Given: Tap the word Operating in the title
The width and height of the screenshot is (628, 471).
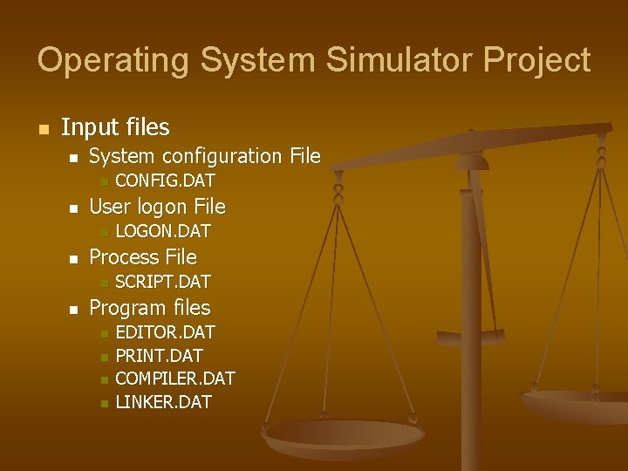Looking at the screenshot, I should click(x=113, y=60).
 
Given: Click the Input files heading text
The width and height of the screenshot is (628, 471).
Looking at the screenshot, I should click(x=115, y=127).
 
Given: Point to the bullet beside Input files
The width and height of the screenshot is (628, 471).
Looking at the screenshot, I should click(x=41, y=129).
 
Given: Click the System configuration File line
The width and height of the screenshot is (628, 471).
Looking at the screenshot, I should click(x=205, y=157).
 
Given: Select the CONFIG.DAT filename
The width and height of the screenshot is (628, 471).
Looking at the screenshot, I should click(x=165, y=181).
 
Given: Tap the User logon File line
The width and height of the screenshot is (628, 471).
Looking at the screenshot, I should click(x=157, y=207).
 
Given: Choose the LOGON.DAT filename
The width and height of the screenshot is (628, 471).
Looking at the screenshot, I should click(x=163, y=232).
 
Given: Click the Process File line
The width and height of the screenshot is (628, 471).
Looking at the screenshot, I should click(x=143, y=257).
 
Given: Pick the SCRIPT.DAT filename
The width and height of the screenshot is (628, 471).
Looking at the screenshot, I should click(x=163, y=283).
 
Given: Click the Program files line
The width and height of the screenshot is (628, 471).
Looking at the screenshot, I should click(x=150, y=308).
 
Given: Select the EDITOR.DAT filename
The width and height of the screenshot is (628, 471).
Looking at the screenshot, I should click(x=165, y=332).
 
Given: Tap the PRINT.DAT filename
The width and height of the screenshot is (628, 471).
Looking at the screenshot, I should click(x=159, y=356).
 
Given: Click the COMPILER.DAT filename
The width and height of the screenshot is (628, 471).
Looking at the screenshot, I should click(x=175, y=379).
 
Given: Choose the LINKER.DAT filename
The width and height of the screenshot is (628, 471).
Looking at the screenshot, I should click(x=163, y=402).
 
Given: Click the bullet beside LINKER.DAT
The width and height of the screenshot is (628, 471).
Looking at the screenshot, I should click(x=102, y=403).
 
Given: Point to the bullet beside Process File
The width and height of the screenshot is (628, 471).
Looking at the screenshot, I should click(x=74, y=259).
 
